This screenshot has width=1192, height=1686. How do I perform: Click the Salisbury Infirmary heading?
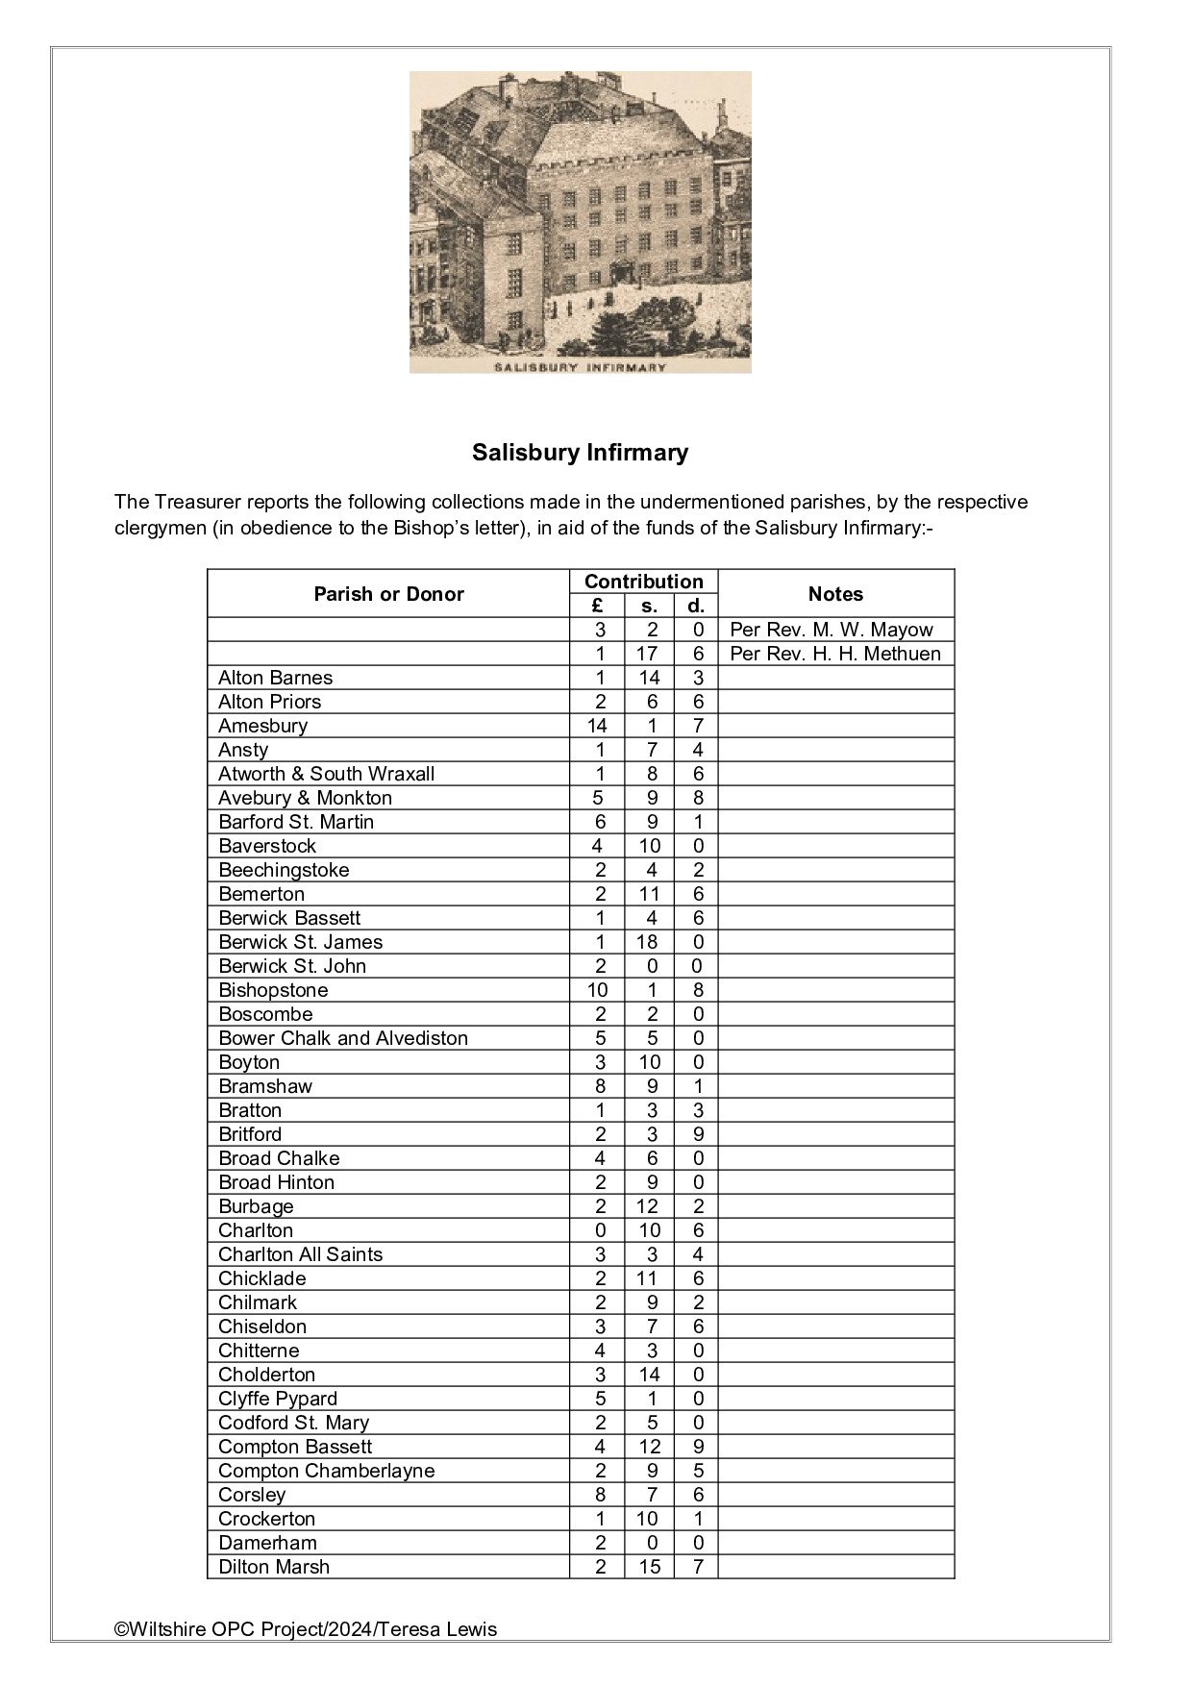click(x=580, y=453)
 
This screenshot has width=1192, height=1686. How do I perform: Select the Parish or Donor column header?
click(x=388, y=594)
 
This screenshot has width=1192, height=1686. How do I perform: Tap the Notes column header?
click(x=835, y=594)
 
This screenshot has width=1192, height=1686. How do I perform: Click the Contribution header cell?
click(x=643, y=582)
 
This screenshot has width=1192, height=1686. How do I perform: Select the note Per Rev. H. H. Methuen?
click(x=835, y=654)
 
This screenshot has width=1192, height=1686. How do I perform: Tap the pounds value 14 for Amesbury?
click(x=597, y=726)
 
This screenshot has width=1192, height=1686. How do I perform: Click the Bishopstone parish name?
click(x=273, y=990)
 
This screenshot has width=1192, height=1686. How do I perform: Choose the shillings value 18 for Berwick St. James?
click(x=649, y=942)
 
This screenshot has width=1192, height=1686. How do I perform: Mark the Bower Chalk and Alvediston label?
click(x=343, y=1038)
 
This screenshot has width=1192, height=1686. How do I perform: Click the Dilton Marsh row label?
click(x=274, y=1567)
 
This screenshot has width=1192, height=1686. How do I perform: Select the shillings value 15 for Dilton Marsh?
click(x=649, y=1567)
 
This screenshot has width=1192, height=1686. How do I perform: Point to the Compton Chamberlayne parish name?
click(x=326, y=1471)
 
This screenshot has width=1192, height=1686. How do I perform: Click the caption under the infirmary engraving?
click(x=580, y=367)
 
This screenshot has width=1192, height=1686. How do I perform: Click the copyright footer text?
click(x=306, y=1629)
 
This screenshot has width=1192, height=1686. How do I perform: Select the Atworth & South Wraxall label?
click(x=326, y=774)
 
